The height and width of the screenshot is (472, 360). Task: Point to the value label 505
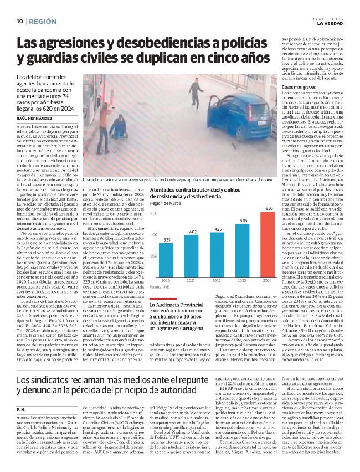click(x=243, y=220)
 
